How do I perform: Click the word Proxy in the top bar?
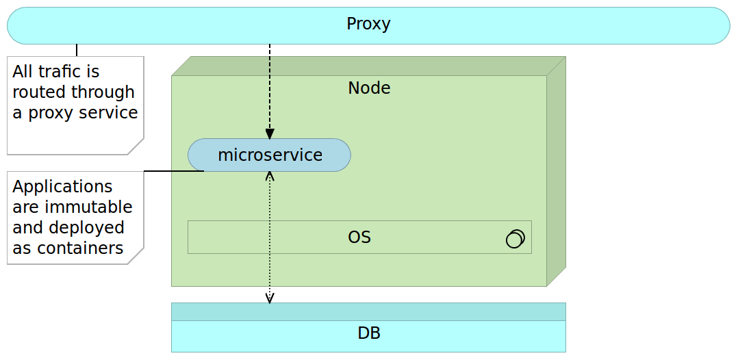[368, 24]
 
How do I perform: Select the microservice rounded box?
[269, 155]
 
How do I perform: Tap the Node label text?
[369, 88]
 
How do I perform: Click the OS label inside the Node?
[359, 237]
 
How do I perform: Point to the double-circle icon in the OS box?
[515, 238]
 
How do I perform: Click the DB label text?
[368, 334]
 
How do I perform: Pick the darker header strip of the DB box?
[368, 311]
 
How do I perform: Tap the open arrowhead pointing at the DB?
[270, 298]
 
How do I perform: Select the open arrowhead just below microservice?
[270, 177]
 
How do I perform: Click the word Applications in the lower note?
[62, 187]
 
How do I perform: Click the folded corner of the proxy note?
[137, 148]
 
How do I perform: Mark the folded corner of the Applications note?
[137, 257]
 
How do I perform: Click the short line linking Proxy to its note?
[77, 50]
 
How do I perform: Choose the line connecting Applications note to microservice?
[173, 171]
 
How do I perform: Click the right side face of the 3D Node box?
[556, 171]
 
